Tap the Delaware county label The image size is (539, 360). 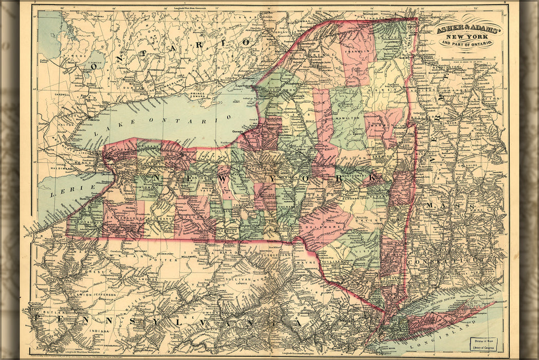(321, 225)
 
